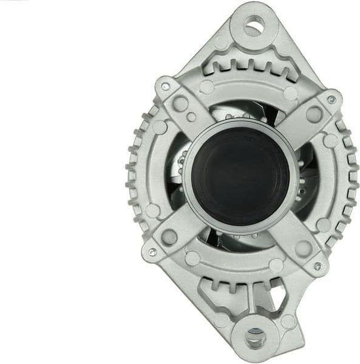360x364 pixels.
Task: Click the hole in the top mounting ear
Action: click(x=253, y=26)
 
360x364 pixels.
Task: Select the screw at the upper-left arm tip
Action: click(x=165, y=87)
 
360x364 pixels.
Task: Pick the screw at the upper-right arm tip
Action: click(x=331, y=100)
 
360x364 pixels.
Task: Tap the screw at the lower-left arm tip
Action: click(x=152, y=252)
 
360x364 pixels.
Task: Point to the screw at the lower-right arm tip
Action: click(x=317, y=266)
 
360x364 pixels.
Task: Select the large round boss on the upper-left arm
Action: click(x=180, y=103)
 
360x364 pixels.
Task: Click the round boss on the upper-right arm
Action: click(x=314, y=114)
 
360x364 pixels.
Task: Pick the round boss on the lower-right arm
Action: click(x=302, y=249)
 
